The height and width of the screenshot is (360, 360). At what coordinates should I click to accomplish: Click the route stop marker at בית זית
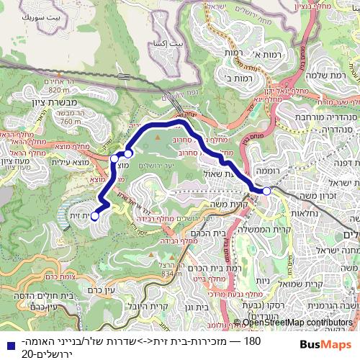95,216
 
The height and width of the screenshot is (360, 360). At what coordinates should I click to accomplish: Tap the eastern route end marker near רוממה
266,191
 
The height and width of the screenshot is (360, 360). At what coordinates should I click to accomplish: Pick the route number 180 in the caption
253,341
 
